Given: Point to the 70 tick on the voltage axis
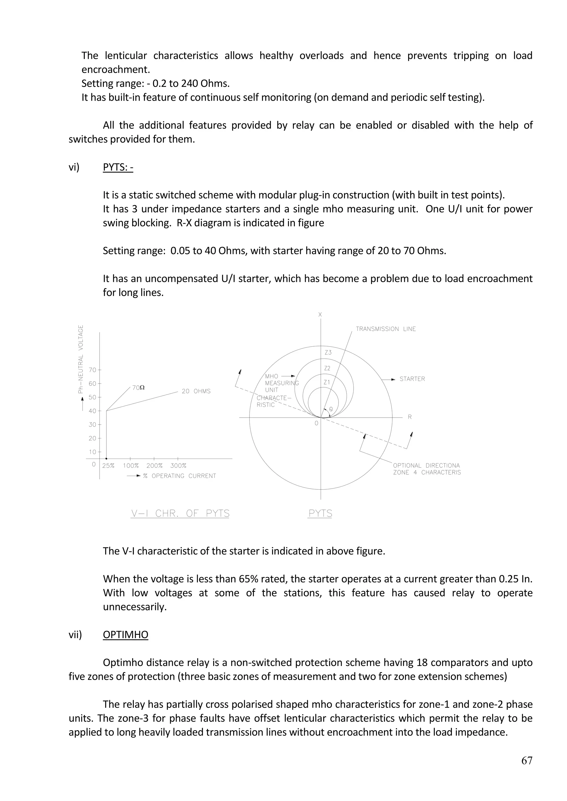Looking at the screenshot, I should point(92,370).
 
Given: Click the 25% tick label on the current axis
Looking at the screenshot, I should point(108,466).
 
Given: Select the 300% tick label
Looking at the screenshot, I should point(178,466).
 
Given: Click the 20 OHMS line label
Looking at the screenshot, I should point(196,391).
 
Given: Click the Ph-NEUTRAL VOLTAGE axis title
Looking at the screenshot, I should point(81,359).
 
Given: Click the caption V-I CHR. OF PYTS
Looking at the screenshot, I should point(180,514).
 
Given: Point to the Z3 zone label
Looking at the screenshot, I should point(328,353).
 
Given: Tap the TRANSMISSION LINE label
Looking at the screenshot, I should point(386,329).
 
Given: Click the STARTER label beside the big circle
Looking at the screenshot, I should point(412,379).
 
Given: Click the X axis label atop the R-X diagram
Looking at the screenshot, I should point(320,315).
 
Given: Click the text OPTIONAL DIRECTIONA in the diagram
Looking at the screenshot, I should point(426,465).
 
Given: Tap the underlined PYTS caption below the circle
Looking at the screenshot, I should point(320,514).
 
